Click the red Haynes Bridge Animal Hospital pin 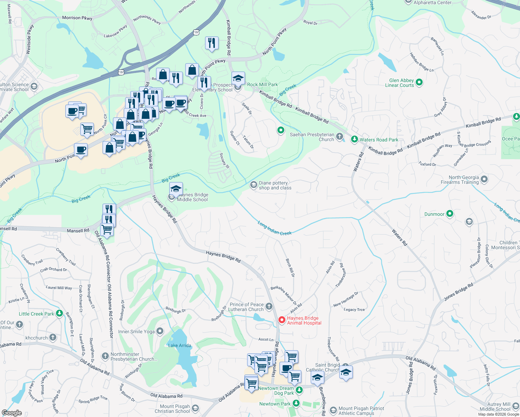click(x=282, y=319)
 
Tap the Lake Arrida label click(x=179, y=345)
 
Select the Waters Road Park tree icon click(x=354, y=139)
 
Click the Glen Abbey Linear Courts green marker click(x=419, y=83)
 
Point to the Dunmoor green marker click(x=450, y=214)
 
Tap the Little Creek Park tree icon click(x=59, y=313)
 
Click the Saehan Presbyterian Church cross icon click(x=340, y=137)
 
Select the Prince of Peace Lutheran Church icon click(x=269, y=306)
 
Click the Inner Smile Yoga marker click(x=160, y=331)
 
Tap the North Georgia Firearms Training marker click(x=484, y=179)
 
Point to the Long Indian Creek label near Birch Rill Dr click(x=275, y=228)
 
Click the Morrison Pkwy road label click(x=77, y=18)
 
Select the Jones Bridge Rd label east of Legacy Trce click(x=458, y=292)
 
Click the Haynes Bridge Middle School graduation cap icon click(x=176, y=189)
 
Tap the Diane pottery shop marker click(x=253, y=185)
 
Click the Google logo click(x=11, y=413)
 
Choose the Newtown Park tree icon click(x=296, y=403)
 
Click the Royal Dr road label click(x=310, y=23)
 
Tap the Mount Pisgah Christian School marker click(x=195, y=408)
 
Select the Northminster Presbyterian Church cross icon click(x=105, y=356)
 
